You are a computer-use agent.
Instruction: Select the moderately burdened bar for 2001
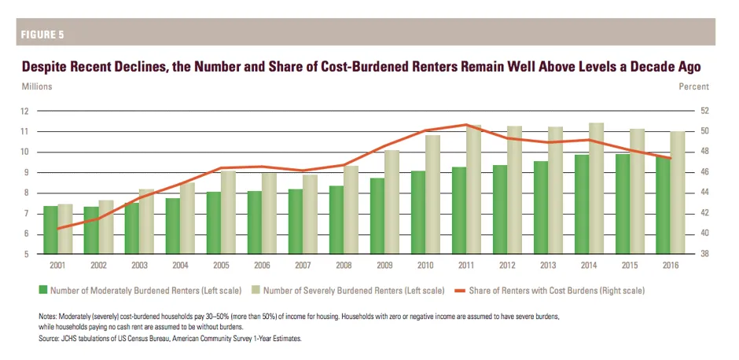pos(50,230)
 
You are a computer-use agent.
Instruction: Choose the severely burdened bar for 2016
pos(676,193)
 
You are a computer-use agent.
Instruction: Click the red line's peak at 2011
pos(465,124)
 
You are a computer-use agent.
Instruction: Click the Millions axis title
pos(37,86)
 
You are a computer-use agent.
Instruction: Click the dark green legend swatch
pos(43,291)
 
